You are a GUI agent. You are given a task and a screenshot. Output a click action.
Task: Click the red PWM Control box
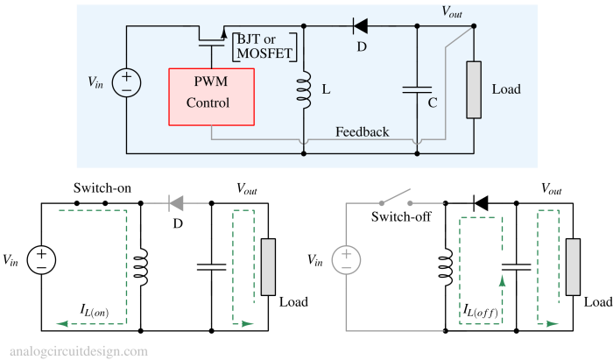pos(211,95)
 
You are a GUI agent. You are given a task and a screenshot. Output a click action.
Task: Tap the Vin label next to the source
pos(95,81)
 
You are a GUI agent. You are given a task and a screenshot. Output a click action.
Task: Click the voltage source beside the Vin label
pos(126,83)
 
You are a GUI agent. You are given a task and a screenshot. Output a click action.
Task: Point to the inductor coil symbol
pos(304,90)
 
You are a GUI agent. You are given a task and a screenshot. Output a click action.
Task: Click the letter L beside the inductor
pos(326,89)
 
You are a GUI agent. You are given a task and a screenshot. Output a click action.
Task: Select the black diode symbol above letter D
pos(360,26)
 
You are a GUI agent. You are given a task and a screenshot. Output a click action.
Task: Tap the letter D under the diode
pos(361,46)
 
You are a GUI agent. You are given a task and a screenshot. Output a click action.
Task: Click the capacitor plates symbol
pos(416,88)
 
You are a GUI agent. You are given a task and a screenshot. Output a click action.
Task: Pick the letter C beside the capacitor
pos(433,102)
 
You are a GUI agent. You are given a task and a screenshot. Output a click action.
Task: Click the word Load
pos(506,89)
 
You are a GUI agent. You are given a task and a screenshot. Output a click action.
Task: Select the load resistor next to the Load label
pos(474,89)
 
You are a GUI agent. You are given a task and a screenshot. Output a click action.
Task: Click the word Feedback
pos(363,131)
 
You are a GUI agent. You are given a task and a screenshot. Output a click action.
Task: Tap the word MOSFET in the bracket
pos(264,54)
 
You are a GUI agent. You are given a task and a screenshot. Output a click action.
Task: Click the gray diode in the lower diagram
pos(176,203)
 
